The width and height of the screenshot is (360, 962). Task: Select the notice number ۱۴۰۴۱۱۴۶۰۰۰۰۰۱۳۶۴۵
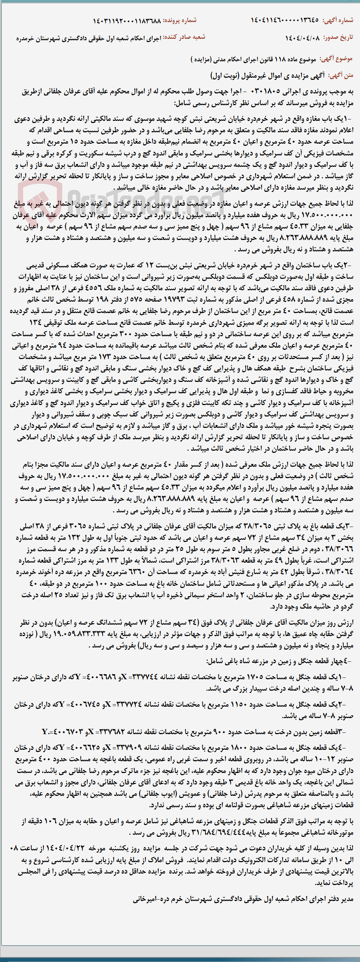[x=284, y=20]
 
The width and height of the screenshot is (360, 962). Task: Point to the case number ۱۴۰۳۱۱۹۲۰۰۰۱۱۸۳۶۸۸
[x=127, y=21]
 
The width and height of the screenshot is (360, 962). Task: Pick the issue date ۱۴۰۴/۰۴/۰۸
[x=303, y=38]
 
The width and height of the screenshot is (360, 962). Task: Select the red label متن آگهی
[x=341, y=76]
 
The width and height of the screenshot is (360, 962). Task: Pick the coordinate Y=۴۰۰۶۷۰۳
[x=56, y=732]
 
